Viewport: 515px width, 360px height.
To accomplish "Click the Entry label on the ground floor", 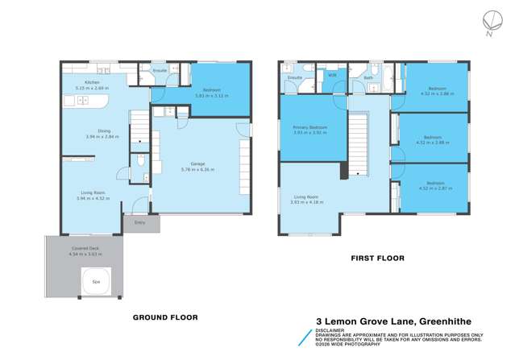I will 140,223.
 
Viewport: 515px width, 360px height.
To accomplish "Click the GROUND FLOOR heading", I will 164,317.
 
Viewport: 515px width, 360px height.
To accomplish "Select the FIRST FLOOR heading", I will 376,259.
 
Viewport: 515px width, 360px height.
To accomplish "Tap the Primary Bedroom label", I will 309,127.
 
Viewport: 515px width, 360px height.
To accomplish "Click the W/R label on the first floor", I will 332,75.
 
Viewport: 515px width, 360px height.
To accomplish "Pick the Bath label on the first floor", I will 368,78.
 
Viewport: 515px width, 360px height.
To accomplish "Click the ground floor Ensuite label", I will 160,71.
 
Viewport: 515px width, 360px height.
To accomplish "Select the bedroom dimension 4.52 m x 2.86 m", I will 436,93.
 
